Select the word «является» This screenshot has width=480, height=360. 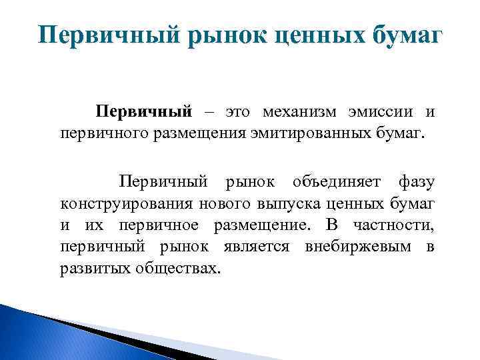tap(257, 247)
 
